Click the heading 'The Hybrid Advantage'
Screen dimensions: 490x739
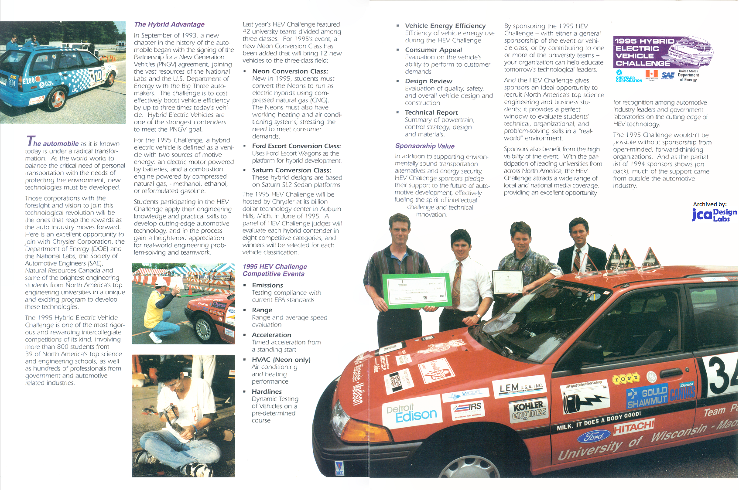(169, 24)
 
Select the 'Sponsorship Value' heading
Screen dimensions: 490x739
(424, 146)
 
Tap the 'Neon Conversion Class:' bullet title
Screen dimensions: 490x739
(290, 71)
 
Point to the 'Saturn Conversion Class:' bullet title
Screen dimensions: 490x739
(291, 170)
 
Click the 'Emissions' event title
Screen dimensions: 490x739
(267, 285)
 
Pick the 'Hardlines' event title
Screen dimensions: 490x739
(267, 391)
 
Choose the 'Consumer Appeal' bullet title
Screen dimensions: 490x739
(433, 50)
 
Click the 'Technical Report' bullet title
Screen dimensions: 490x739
(431, 112)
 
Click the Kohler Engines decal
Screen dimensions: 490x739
(528, 410)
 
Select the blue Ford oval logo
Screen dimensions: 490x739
(594, 436)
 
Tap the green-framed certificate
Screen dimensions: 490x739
(417, 290)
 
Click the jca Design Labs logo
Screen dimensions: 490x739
(714, 214)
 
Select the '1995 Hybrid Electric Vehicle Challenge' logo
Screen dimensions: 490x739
(663, 52)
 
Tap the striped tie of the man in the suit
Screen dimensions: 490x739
(577, 260)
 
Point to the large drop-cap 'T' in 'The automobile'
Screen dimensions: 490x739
(30, 141)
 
